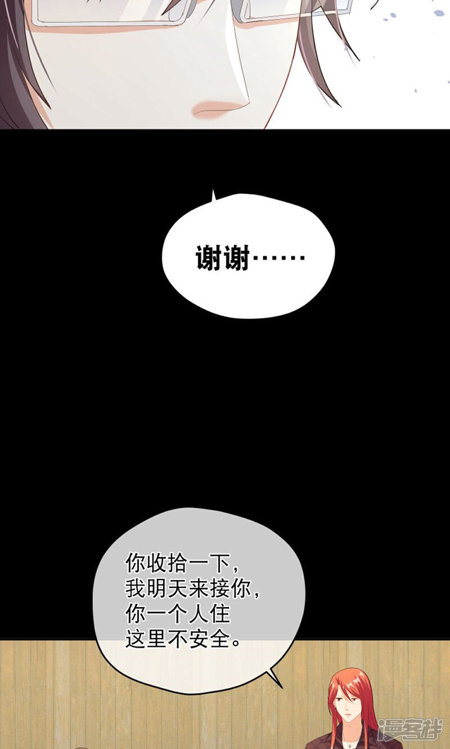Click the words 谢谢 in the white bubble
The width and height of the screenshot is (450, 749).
222,259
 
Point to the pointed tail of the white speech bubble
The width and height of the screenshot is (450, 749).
213,196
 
